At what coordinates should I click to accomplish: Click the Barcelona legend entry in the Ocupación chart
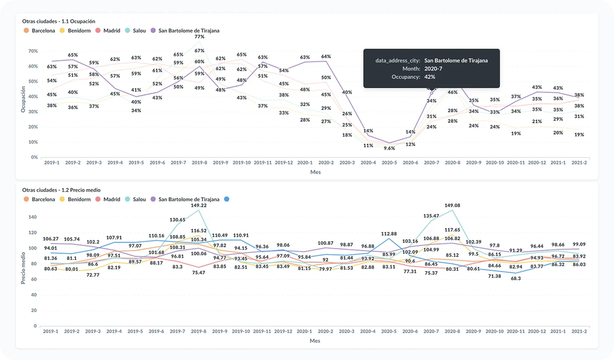(39, 31)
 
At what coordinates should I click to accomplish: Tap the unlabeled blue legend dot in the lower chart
(226, 199)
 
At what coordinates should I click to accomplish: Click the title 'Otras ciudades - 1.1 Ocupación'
(59, 21)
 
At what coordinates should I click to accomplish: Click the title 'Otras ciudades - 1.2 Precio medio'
(61, 190)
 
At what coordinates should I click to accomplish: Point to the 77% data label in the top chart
(200, 37)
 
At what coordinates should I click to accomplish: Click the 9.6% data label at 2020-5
(389, 148)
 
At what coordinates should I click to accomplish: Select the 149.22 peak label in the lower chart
(199, 205)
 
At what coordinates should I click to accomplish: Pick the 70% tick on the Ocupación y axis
(33, 51)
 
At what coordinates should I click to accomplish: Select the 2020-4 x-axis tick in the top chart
(368, 163)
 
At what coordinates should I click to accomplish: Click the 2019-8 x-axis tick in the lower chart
(200, 331)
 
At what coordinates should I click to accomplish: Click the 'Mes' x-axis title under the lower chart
(315, 341)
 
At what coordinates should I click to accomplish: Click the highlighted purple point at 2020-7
(431, 93)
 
